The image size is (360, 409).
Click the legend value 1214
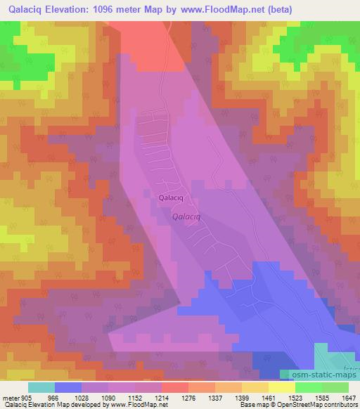coord(162,397)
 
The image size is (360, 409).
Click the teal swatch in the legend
coord(41,387)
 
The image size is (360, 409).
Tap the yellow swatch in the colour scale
coord(282,387)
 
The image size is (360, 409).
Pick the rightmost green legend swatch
coord(335,387)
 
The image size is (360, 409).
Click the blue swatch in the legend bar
coord(68,387)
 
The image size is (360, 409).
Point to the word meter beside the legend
coord(10,397)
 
